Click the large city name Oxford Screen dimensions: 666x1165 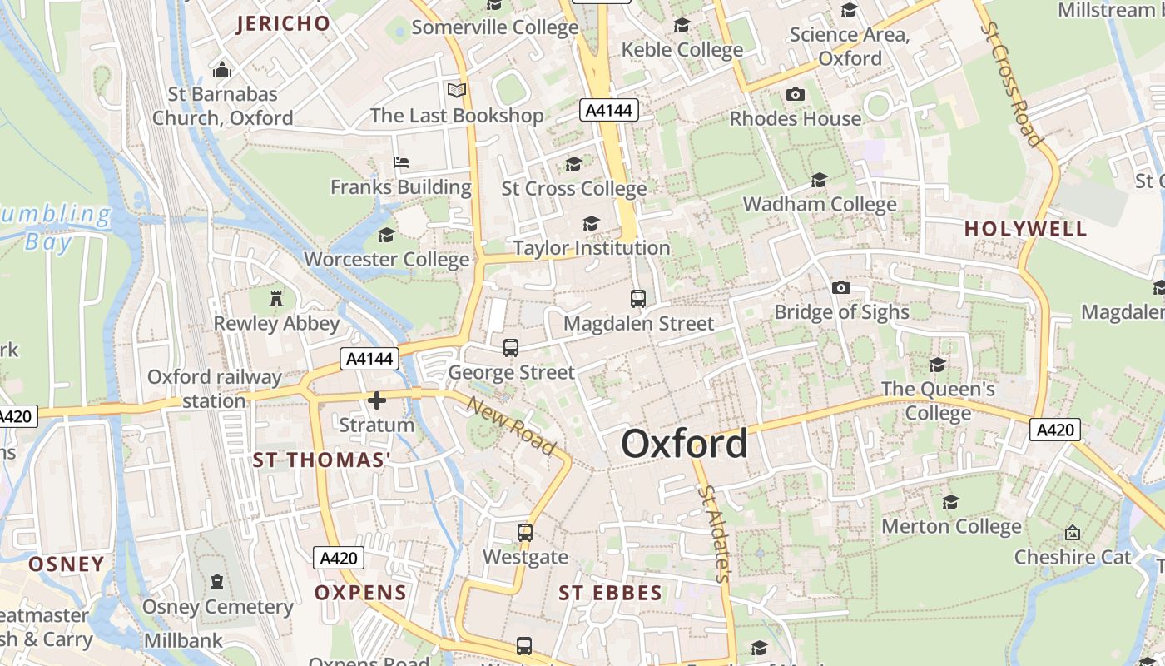click(684, 444)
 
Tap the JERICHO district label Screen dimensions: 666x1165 click(284, 23)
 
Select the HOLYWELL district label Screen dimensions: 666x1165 click(1025, 229)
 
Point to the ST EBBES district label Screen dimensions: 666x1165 click(610, 593)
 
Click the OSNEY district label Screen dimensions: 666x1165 click(67, 564)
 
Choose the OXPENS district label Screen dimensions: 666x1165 click(360, 593)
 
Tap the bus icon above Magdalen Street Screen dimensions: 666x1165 click(638, 298)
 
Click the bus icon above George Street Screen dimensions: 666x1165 click(511, 347)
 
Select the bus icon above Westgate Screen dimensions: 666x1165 click(525, 532)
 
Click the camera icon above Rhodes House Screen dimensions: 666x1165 click(796, 94)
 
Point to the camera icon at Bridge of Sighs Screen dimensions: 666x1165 click(841, 287)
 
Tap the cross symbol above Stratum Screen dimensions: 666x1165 click(377, 400)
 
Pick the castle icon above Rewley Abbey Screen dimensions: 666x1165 click(276, 298)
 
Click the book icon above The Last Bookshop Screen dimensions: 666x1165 click(457, 90)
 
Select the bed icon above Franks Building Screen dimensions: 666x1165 click(401, 162)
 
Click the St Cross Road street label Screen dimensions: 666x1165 click(1012, 83)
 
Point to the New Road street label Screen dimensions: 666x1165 click(511, 425)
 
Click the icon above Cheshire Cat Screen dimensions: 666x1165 click(1073, 532)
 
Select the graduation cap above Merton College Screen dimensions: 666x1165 click(950, 502)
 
